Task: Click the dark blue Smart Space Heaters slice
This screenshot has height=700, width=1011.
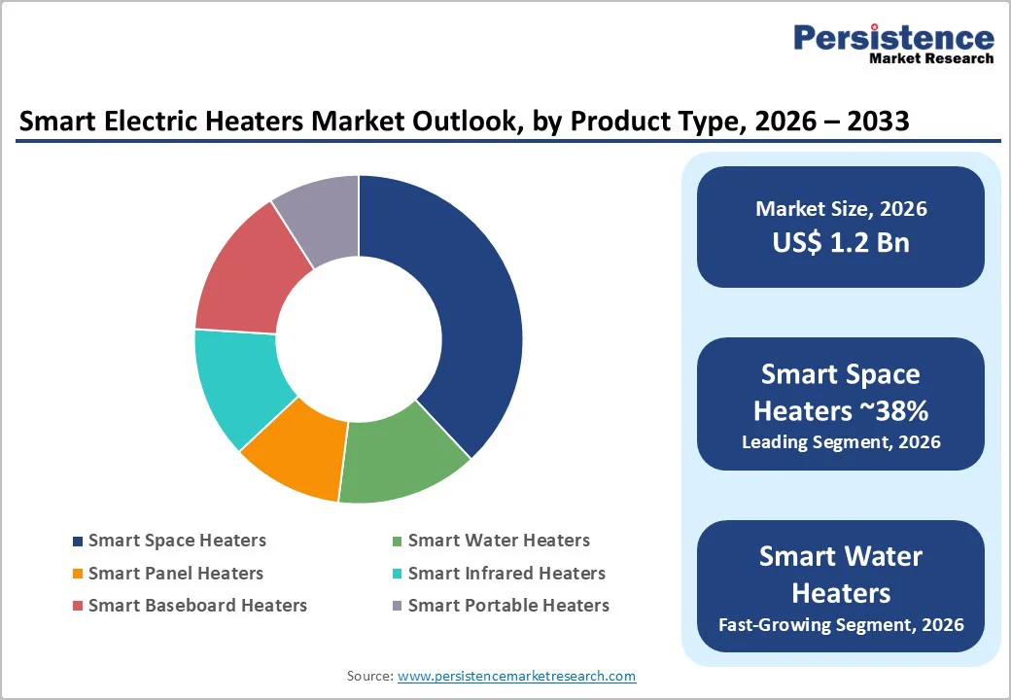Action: click(457, 311)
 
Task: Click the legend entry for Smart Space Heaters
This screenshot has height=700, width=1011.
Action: click(176, 541)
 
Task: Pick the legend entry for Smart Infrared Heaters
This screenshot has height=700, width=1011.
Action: click(505, 574)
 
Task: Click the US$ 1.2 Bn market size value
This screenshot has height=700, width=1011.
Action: click(841, 242)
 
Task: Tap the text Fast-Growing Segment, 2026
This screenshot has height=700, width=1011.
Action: click(841, 624)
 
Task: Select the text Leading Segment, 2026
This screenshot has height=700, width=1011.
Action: click(841, 442)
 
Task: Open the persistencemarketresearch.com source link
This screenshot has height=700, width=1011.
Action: click(516, 676)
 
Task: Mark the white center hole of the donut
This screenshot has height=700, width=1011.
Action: click(359, 339)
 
